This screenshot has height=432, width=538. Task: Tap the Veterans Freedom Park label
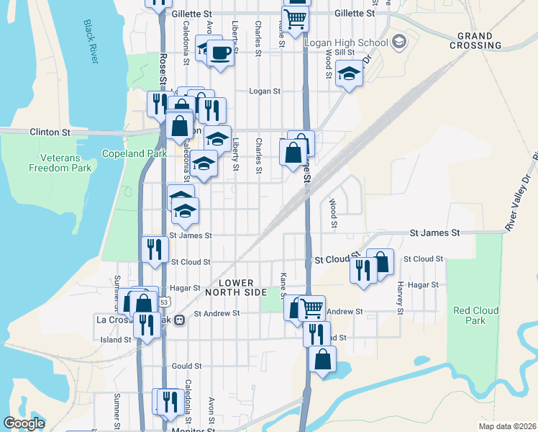60,163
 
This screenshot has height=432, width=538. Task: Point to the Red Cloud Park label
470,315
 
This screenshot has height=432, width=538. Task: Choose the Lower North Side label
235,287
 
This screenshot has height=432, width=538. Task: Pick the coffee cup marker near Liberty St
221,53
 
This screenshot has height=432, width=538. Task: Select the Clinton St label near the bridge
50,132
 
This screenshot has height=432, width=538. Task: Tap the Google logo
24,423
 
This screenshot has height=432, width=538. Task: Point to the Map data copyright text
508,426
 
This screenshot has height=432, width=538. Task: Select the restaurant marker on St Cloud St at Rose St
155,249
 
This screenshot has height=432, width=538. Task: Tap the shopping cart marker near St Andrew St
312,308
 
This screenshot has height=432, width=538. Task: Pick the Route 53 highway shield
165,302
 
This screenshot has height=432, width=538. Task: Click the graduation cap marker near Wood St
349,73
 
